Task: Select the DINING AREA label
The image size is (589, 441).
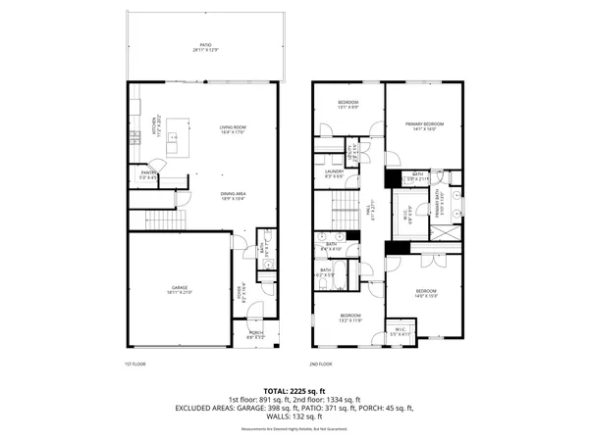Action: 233,195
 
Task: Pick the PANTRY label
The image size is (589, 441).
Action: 148,174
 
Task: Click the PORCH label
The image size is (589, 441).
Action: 256,335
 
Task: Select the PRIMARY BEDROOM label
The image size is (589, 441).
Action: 426,125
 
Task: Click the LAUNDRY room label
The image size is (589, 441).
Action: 334,173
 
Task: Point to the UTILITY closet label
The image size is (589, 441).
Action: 350,152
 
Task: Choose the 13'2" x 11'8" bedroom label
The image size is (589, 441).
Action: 350,318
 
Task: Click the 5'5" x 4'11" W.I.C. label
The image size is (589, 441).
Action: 400,331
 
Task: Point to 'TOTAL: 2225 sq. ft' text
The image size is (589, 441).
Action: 294,390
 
